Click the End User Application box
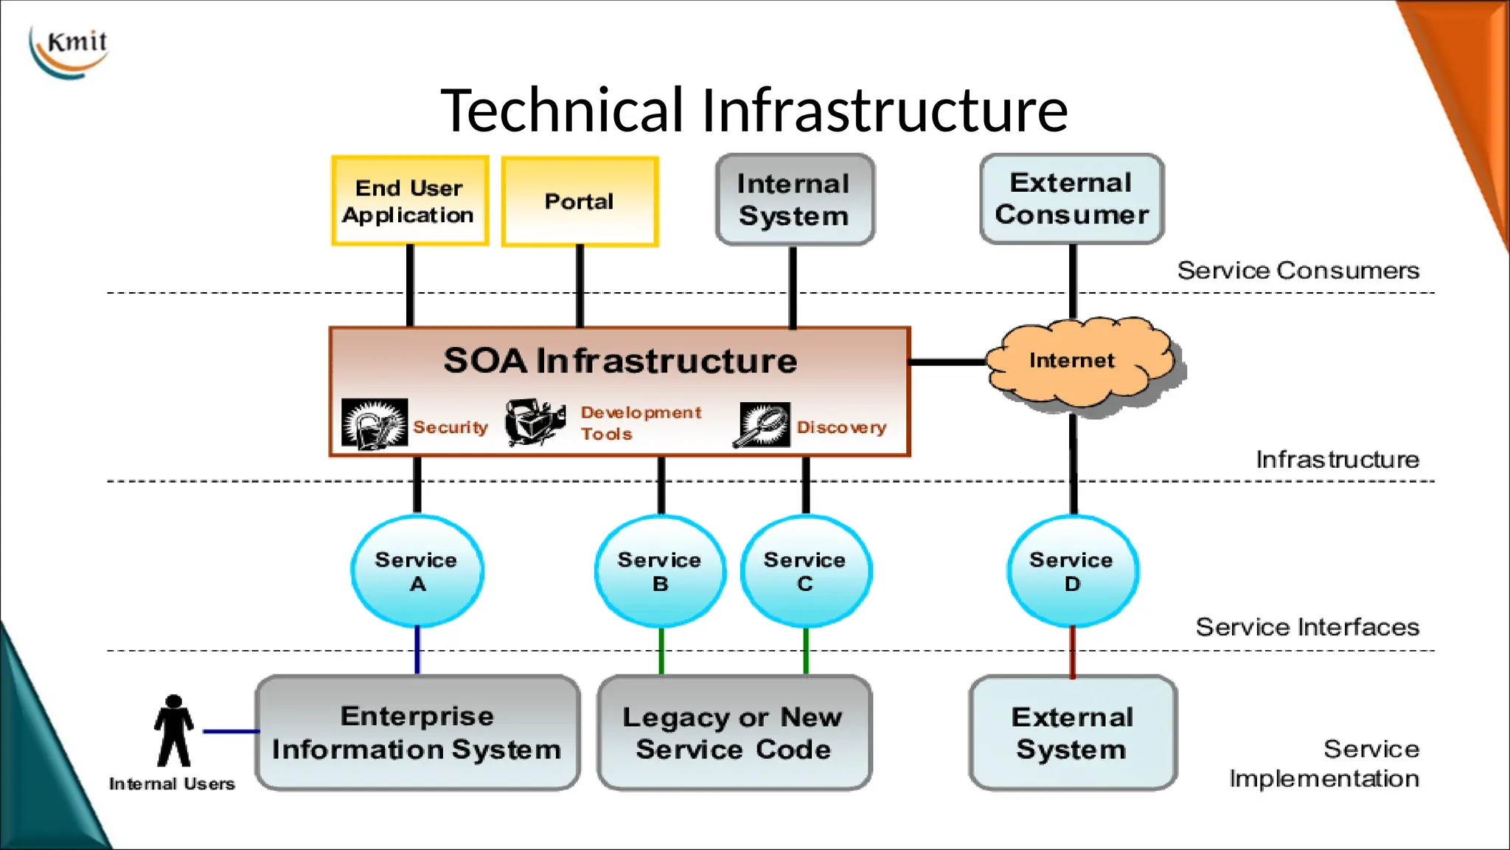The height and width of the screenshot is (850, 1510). [410, 201]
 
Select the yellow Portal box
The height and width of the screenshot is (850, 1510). [580, 201]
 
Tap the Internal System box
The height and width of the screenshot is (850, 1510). [795, 199]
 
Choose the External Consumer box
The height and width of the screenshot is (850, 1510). [1071, 198]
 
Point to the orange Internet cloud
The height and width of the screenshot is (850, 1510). [1080, 362]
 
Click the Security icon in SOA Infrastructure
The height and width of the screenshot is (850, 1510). [375, 424]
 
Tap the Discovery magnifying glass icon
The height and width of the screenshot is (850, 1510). [762, 425]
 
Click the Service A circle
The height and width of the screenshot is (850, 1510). [417, 571]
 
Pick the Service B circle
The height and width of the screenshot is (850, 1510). [660, 571]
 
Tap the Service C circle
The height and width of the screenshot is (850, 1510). [805, 571]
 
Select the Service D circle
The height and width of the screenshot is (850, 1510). [1072, 571]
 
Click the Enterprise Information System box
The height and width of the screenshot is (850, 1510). [417, 732]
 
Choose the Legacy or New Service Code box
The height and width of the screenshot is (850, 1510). [734, 732]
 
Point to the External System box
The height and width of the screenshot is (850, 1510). [1072, 732]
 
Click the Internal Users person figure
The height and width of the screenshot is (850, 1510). [174, 731]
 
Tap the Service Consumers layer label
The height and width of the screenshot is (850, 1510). [1298, 270]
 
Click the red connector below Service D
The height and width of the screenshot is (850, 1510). [1072, 652]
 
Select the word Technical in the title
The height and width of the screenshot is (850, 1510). [563, 111]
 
